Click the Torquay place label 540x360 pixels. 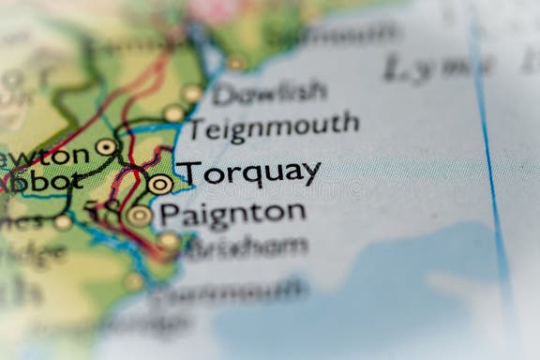tap(249, 173)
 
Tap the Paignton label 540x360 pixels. tap(232, 214)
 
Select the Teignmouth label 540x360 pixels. tap(274, 125)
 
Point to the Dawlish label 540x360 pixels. tap(268, 92)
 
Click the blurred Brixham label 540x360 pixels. tap(246, 247)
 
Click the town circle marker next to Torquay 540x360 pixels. tap(159, 184)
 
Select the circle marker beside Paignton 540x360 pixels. tap(139, 216)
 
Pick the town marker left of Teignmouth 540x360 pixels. tap(173, 113)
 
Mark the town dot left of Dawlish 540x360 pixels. tap(192, 93)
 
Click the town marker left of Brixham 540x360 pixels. tap(169, 241)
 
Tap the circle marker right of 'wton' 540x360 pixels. tap(106, 146)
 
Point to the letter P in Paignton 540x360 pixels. tap(169, 214)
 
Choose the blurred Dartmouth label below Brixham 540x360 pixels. tap(230, 292)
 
